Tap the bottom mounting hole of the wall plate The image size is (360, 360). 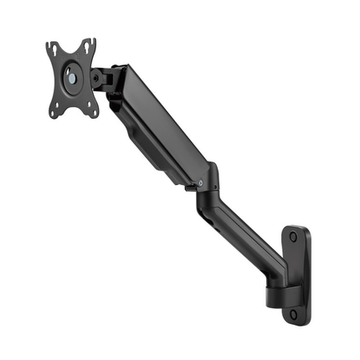pos(294,315)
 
